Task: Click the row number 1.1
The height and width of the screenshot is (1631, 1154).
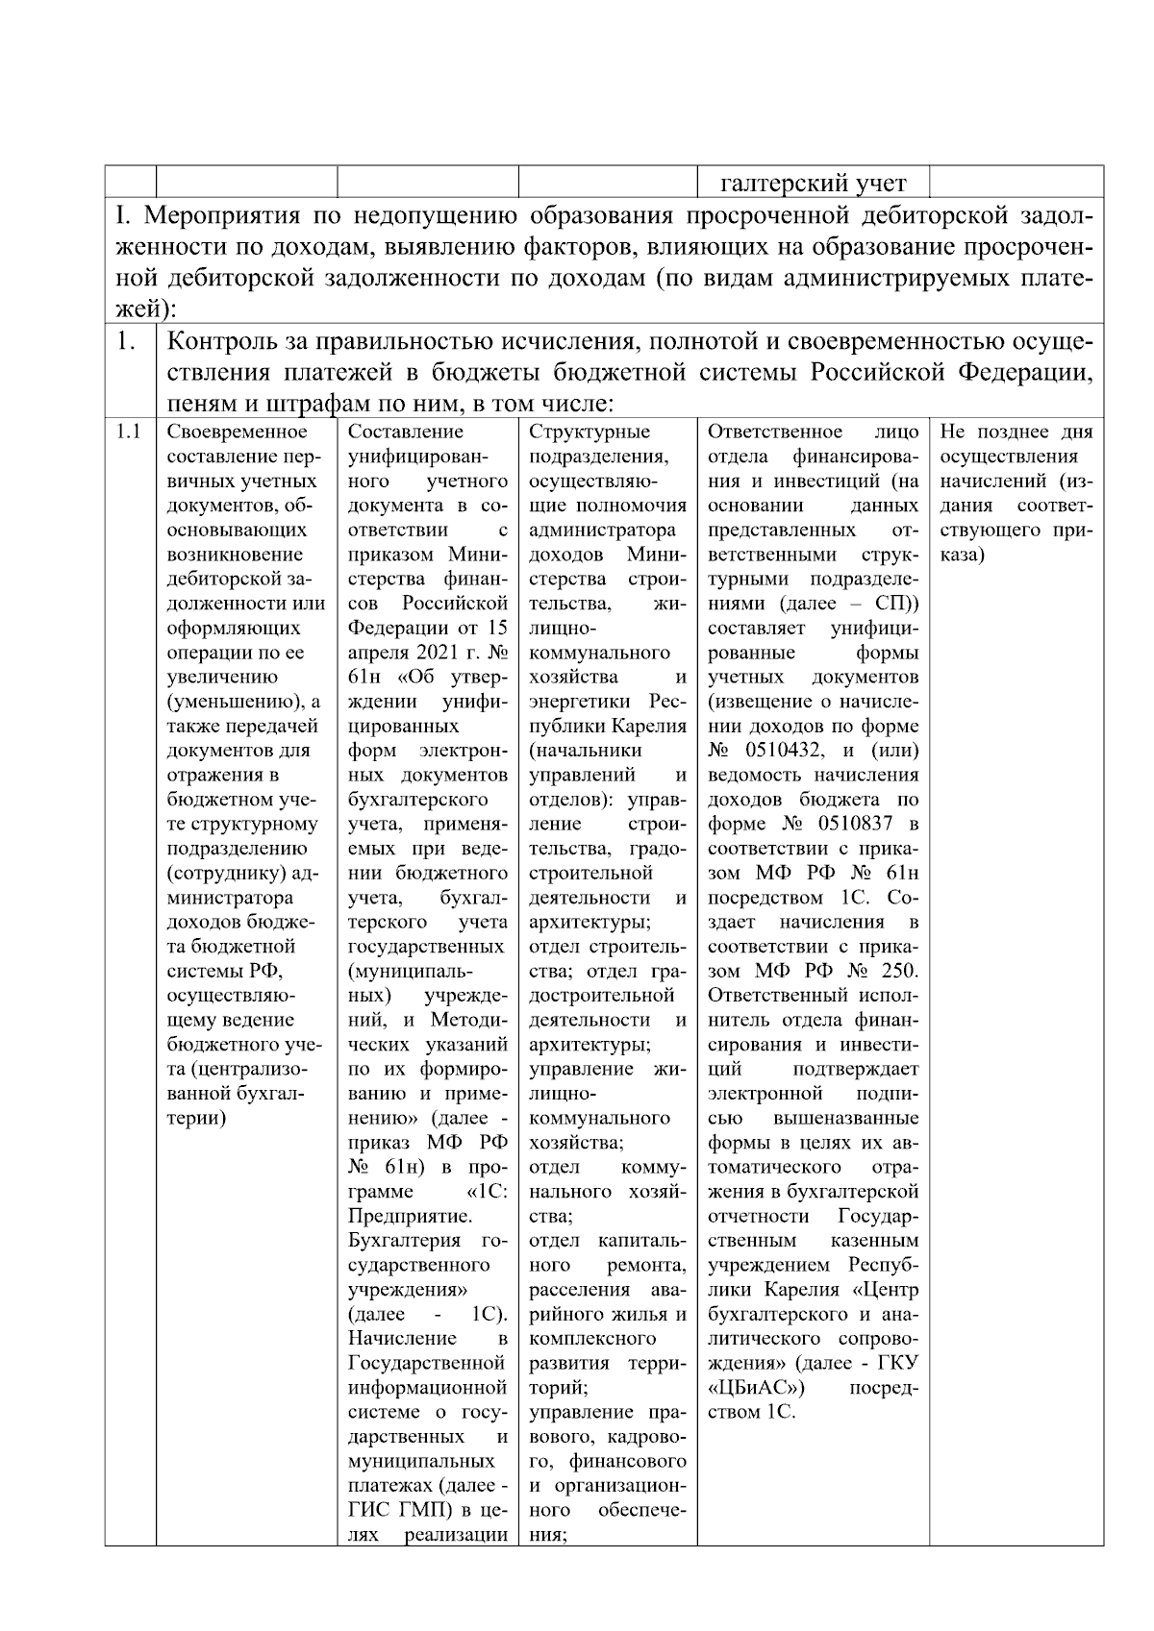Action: click(x=129, y=432)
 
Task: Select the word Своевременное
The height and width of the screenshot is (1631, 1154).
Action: click(x=237, y=432)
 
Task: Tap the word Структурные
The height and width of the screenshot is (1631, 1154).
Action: click(x=589, y=432)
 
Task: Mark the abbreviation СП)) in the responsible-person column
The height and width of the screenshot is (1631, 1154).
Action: click(x=896, y=604)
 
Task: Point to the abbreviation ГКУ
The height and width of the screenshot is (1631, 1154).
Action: click(x=898, y=1363)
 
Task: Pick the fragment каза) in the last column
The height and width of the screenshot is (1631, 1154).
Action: click(x=962, y=555)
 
